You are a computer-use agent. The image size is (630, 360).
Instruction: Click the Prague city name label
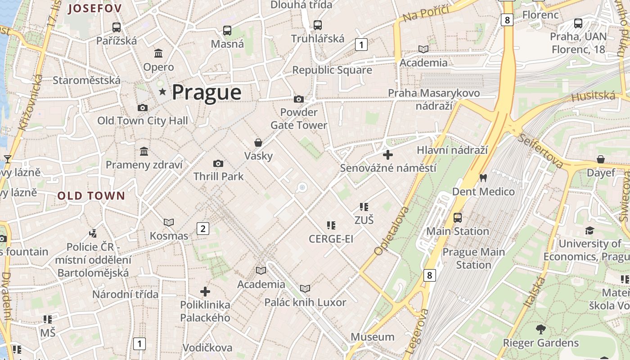pyautogui.click(x=207, y=92)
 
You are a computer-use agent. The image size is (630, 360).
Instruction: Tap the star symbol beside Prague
pyautogui.click(x=162, y=92)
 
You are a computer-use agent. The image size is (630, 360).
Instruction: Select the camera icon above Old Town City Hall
pyautogui.click(x=143, y=108)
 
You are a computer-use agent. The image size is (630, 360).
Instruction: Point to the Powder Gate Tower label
pyautogui.click(x=299, y=119)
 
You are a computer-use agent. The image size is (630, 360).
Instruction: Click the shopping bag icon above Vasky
pyautogui.click(x=258, y=143)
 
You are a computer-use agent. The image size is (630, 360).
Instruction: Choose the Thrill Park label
pyautogui.click(x=218, y=176)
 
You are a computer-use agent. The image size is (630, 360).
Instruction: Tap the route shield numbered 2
pyautogui.click(x=203, y=229)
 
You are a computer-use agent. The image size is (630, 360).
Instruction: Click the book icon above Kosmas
pyautogui.click(x=169, y=222)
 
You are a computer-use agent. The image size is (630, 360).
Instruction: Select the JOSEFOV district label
pyautogui.click(x=95, y=9)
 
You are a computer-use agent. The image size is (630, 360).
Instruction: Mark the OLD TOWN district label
pyautogui.click(x=91, y=196)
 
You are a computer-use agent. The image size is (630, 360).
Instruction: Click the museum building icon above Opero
pyautogui.click(x=158, y=54)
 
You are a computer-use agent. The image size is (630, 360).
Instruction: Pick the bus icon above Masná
pyautogui.click(x=227, y=31)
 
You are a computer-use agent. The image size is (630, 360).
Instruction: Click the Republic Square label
pyautogui.click(x=332, y=70)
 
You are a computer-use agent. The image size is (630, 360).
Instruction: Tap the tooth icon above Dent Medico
pyautogui.click(x=483, y=178)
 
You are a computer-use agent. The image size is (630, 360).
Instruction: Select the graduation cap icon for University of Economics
pyautogui.click(x=589, y=231)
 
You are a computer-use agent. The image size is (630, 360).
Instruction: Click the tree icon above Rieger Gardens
pyautogui.click(x=540, y=329)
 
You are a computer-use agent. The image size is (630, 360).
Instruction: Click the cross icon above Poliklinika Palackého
pyautogui.click(x=205, y=292)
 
